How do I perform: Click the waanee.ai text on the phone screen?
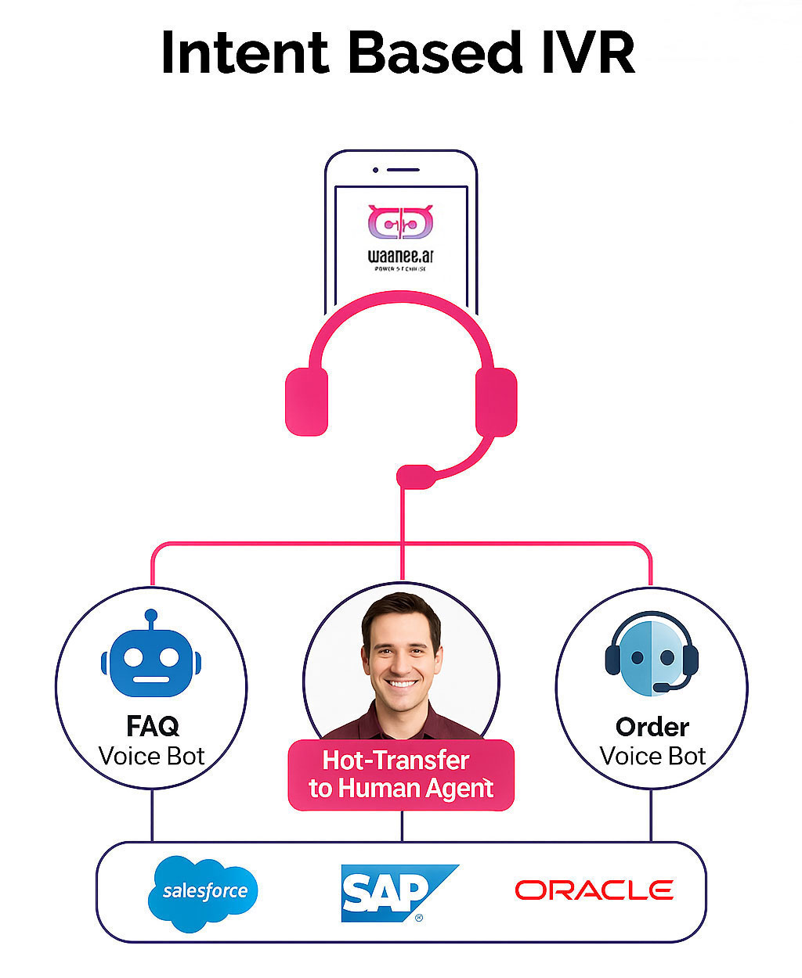tap(401, 256)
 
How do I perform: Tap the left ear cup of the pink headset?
tap(306, 401)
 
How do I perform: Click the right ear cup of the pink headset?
tap(496, 401)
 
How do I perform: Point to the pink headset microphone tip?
tap(415, 476)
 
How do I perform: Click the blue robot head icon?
tap(151, 663)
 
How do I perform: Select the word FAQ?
tap(152, 726)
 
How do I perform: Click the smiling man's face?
tap(401, 653)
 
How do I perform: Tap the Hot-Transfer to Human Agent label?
tap(401, 775)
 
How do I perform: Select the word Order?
tap(652, 727)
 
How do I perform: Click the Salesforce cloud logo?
tap(204, 893)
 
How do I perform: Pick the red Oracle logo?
tap(594, 890)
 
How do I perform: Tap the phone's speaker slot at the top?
tap(403, 170)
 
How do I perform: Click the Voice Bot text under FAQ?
tap(152, 757)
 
